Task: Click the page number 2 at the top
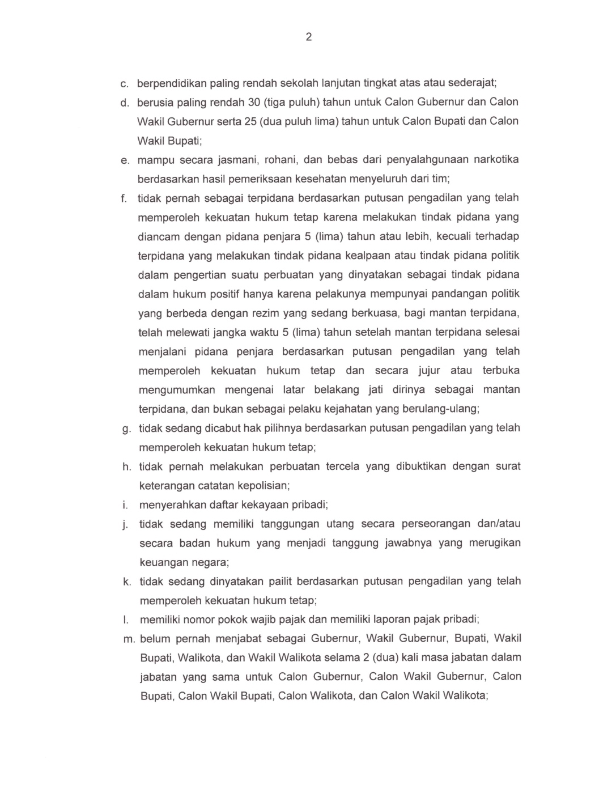(x=309, y=37)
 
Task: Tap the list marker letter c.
(x=124, y=84)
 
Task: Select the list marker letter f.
(x=124, y=198)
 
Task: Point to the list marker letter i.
(x=125, y=505)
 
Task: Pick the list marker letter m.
(x=129, y=639)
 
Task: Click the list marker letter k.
(x=127, y=582)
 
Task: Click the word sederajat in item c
(x=473, y=83)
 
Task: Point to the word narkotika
(x=496, y=159)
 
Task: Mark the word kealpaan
(x=368, y=256)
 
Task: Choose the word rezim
(x=263, y=313)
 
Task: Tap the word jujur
(x=429, y=371)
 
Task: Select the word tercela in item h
(x=342, y=466)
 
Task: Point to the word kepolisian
(x=263, y=486)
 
